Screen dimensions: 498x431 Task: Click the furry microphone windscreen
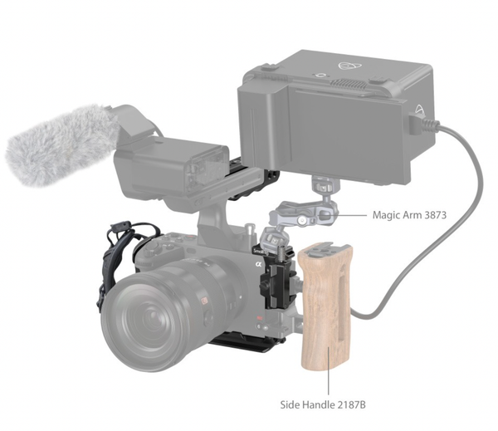coord(61,144)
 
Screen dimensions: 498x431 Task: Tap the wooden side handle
coord(326,306)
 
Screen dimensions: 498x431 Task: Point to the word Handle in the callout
coord(318,405)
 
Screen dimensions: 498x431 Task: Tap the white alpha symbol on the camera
coord(258,264)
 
